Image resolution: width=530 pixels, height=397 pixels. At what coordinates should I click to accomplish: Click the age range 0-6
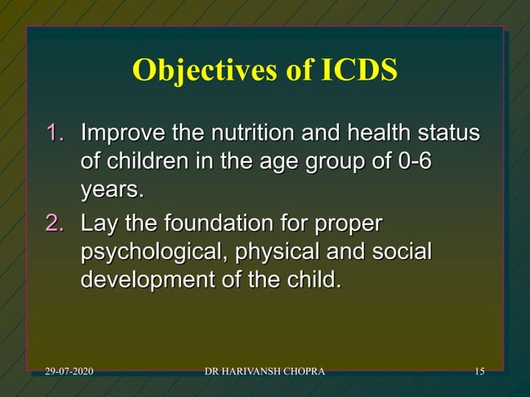pos(415,162)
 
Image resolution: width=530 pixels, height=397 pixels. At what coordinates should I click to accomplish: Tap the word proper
pos(346,223)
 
